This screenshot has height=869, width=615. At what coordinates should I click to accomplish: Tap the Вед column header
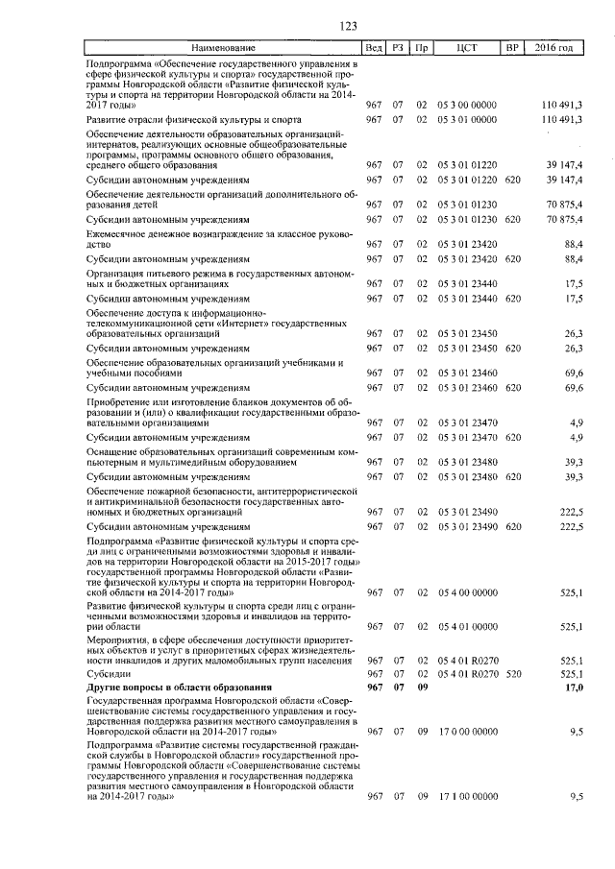click(x=375, y=47)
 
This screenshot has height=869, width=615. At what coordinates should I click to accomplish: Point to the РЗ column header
click(x=398, y=47)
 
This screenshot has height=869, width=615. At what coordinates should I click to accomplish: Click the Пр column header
click(x=421, y=47)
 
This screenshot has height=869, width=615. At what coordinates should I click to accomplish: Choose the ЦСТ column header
click(x=467, y=47)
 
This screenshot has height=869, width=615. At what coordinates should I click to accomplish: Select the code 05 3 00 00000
click(x=467, y=102)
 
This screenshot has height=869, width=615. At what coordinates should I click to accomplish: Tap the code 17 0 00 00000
click(x=467, y=732)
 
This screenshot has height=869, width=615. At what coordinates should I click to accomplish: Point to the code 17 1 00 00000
click(x=467, y=796)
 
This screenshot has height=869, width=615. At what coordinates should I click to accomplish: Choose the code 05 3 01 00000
click(x=467, y=119)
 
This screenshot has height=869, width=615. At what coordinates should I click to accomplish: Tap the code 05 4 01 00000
click(x=467, y=626)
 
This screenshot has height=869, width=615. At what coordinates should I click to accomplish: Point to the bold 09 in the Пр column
click(x=421, y=688)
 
